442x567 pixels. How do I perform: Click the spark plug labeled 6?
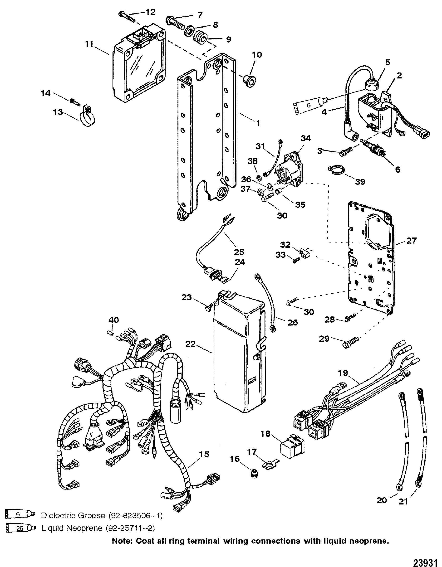373,149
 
